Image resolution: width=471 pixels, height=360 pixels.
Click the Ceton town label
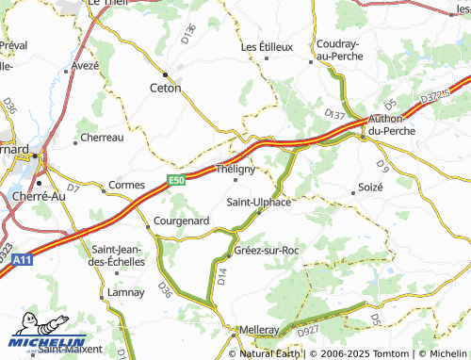pyautogui.click(x=166, y=88)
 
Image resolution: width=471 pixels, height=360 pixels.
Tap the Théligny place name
pyautogui.click(x=235, y=169)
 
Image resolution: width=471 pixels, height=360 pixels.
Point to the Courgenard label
pyautogui.click(x=181, y=221)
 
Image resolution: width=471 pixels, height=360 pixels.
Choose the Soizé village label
pyautogui.click(x=370, y=188)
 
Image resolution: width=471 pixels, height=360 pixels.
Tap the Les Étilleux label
pyautogui.click(x=268, y=46)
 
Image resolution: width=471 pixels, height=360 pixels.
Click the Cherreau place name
pyautogui.click(x=103, y=137)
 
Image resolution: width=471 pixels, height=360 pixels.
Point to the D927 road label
pyautogui.click(x=310, y=332)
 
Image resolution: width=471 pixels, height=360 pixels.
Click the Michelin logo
pyautogui.click(x=47, y=342)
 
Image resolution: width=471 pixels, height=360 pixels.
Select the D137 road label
pyautogui.click(x=334, y=113)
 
